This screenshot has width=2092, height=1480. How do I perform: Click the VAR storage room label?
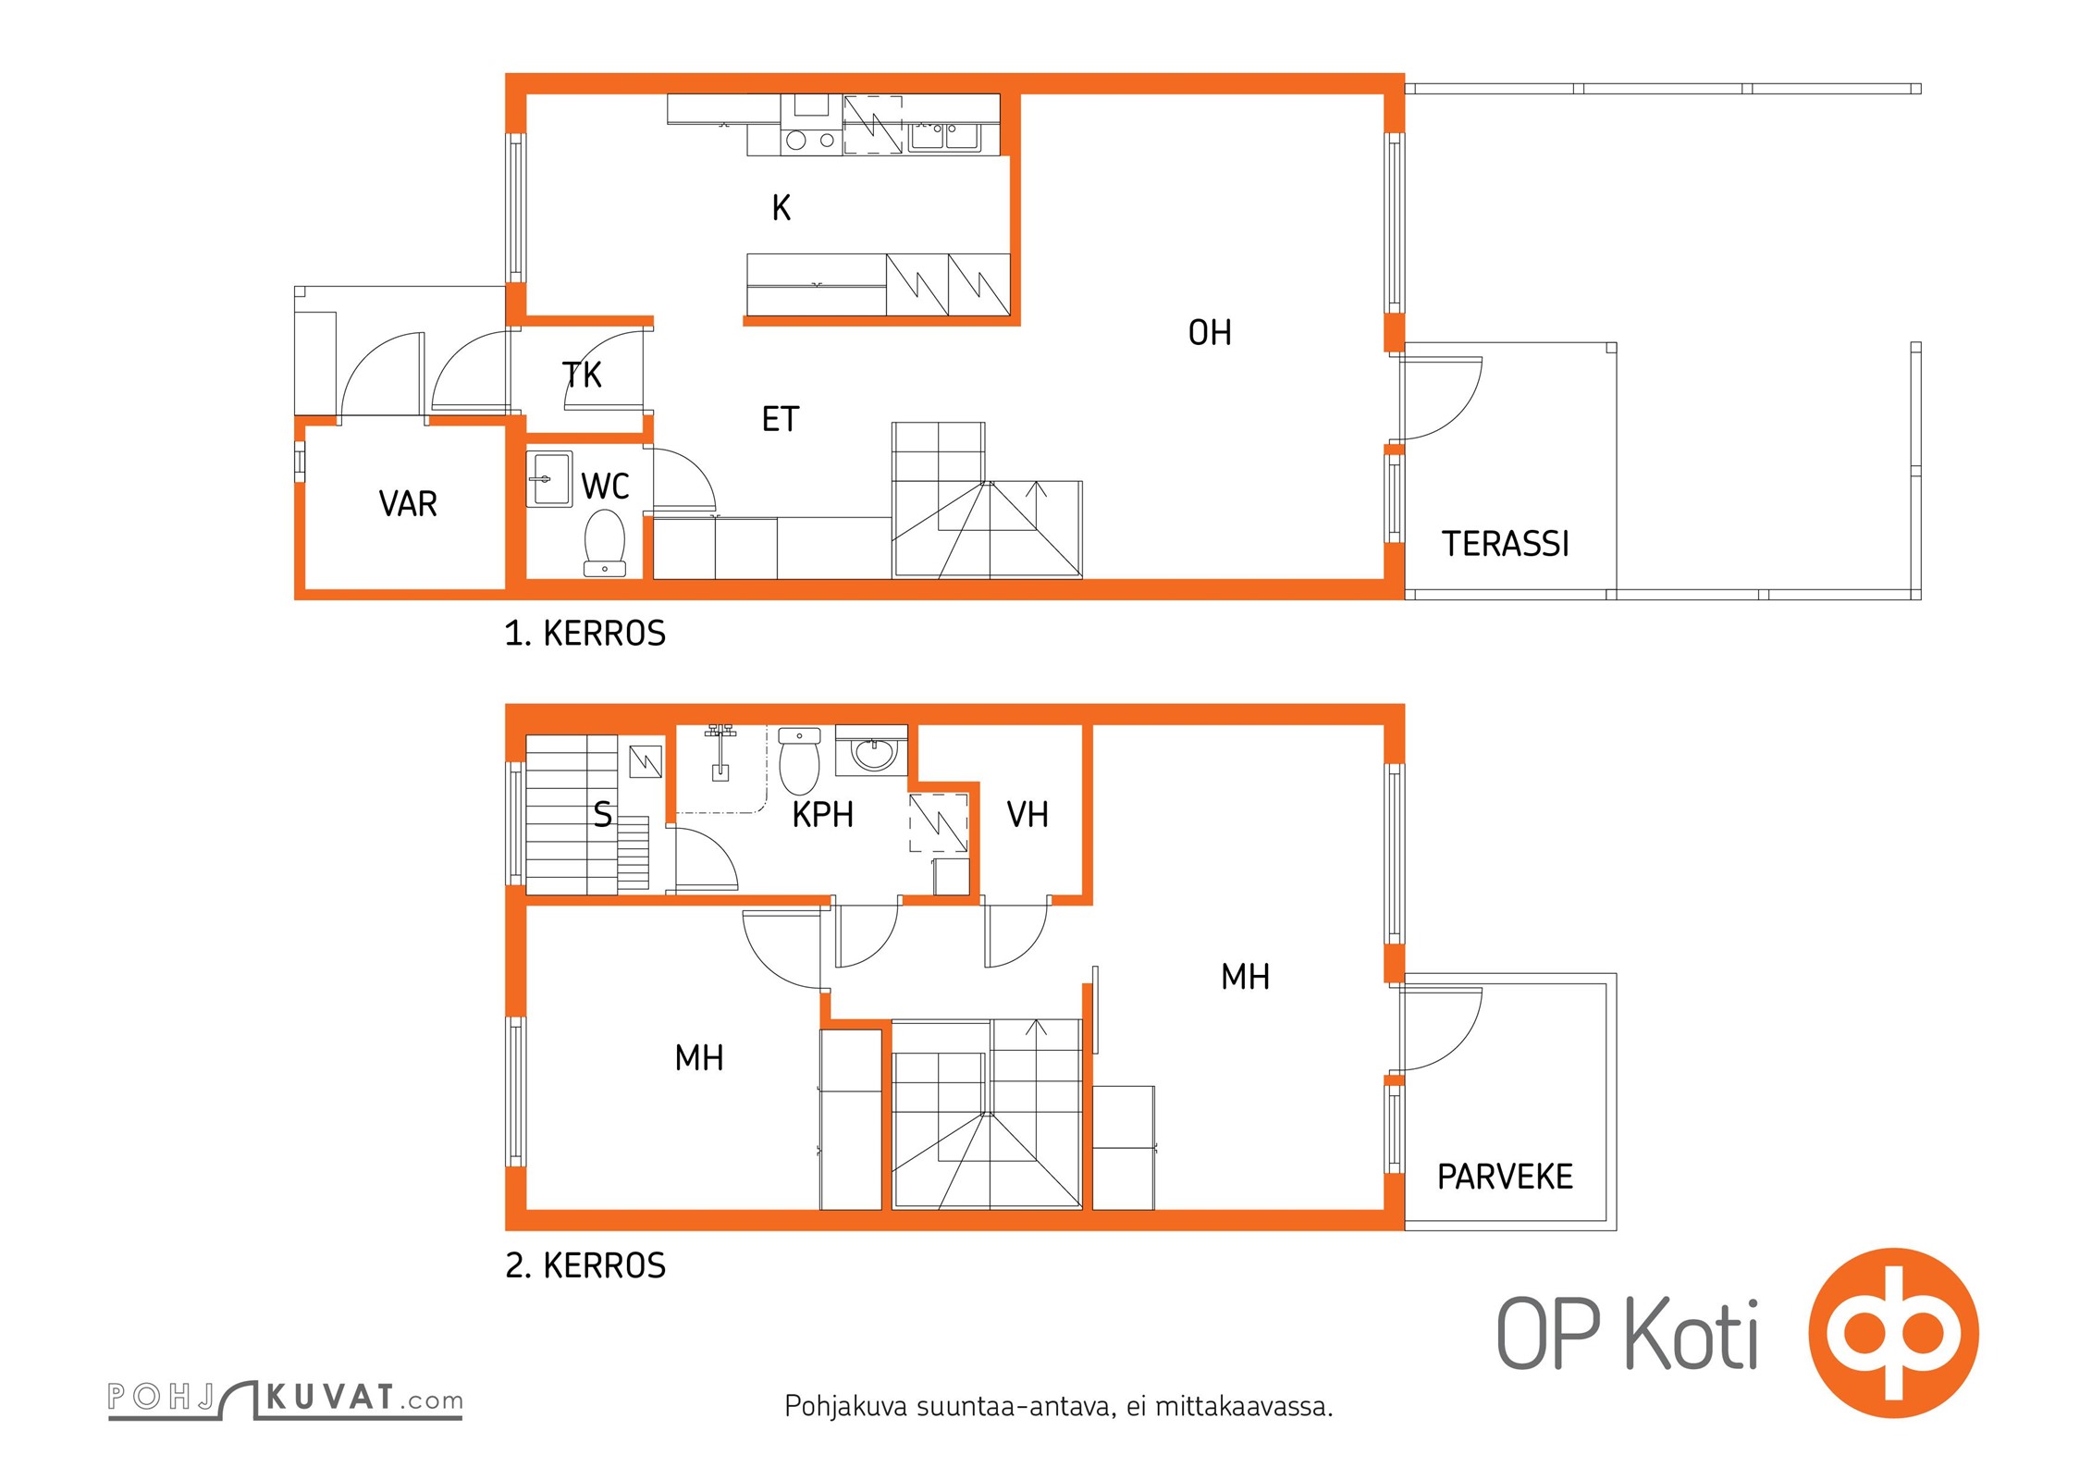(408, 504)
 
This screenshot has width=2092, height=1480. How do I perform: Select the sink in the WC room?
(549, 478)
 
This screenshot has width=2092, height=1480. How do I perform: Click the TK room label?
(582, 375)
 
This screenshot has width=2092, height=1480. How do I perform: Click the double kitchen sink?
(944, 137)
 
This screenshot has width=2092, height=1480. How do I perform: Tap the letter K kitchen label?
(781, 208)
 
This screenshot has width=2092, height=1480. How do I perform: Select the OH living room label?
(1210, 333)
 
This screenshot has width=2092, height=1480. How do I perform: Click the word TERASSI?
(1506, 544)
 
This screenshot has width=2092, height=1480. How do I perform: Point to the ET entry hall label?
(780, 420)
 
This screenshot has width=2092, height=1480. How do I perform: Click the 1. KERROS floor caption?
(585, 634)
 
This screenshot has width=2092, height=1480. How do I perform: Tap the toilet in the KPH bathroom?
(800, 760)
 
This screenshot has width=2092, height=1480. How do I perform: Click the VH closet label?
(1028, 815)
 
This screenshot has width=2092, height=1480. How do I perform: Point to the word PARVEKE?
(1505, 1177)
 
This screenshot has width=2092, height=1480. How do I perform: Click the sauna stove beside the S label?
(646, 761)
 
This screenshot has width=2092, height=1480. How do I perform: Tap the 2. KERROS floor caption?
(585, 1265)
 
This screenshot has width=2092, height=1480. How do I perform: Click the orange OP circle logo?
(1894, 1332)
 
